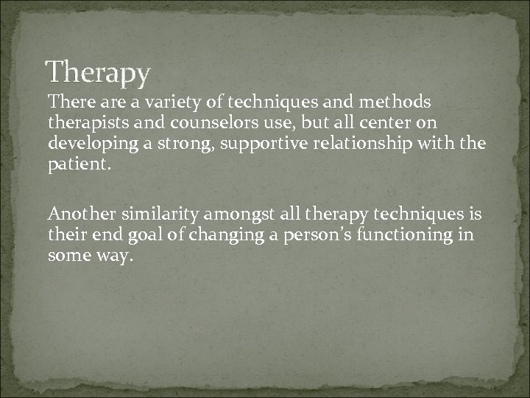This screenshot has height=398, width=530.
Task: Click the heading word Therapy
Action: pos(98,73)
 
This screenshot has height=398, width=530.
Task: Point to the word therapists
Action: pos(85,119)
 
